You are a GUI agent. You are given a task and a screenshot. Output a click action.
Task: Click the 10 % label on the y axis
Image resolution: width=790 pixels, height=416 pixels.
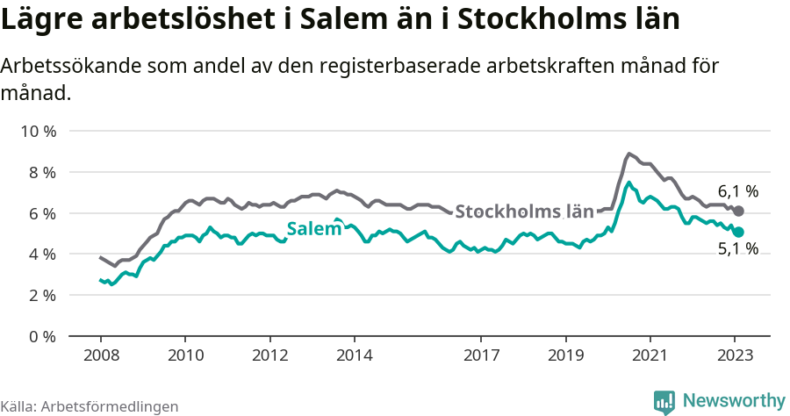pos(38,132)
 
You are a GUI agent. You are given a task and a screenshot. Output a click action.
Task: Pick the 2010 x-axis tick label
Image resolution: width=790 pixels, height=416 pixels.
pos(185,356)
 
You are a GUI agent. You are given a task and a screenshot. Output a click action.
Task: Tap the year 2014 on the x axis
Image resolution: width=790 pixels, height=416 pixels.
pos(355,356)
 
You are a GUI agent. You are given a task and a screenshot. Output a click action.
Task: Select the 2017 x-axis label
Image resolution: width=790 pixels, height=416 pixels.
pos(481,356)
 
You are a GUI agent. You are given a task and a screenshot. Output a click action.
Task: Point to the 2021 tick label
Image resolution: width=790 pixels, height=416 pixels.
pos(650,356)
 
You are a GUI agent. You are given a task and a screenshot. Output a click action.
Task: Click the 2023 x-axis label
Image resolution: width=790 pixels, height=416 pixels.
pos(735,356)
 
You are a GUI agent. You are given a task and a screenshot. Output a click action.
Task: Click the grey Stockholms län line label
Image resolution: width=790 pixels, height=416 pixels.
pos(524,212)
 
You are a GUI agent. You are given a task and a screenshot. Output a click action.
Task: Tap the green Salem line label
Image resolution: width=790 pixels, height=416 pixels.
pos(313,229)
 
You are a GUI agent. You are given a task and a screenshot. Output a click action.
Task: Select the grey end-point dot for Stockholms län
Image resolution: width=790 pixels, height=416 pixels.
pos(739,212)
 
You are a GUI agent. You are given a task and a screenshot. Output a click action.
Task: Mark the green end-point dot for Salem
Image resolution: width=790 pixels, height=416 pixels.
pos(739,232)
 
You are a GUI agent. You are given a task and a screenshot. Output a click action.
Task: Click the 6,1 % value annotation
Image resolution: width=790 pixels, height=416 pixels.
pos(737,190)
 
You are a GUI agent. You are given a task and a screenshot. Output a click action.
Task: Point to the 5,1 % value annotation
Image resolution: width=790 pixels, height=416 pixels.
pos(737,250)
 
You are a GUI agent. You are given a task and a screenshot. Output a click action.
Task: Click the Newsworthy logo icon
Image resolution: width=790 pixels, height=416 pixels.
pos(664,401)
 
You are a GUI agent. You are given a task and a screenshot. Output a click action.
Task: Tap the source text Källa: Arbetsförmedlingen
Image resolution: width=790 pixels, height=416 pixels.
pos(90,406)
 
